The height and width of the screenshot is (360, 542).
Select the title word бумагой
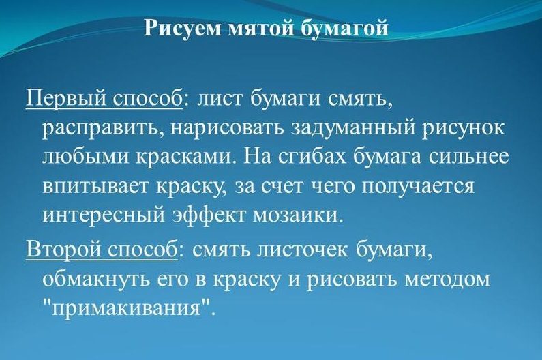coord(344,29)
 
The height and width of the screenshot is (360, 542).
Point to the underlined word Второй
coord(61,249)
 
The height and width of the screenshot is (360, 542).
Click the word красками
coord(187,157)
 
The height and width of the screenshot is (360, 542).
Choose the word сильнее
coord(469,157)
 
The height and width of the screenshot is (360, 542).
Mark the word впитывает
coord(96,187)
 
